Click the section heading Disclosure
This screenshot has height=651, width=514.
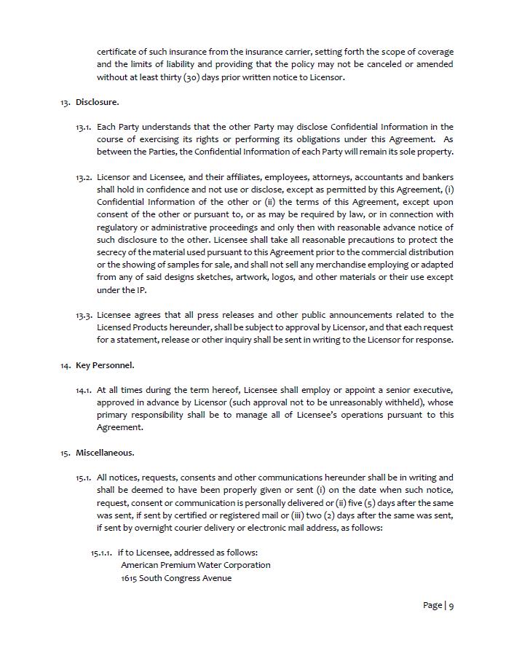point(98,102)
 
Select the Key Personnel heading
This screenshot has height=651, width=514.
point(105,365)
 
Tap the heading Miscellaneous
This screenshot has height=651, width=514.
point(105,453)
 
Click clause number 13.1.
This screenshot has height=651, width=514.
point(84,128)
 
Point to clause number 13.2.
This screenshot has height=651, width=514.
point(84,178)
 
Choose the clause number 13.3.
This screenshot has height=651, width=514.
point(84,316)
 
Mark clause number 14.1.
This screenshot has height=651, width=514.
point(84,391)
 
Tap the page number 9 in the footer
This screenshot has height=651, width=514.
point(451,606)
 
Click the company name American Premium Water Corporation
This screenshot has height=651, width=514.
point(195,565)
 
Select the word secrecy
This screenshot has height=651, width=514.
point(114,252)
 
